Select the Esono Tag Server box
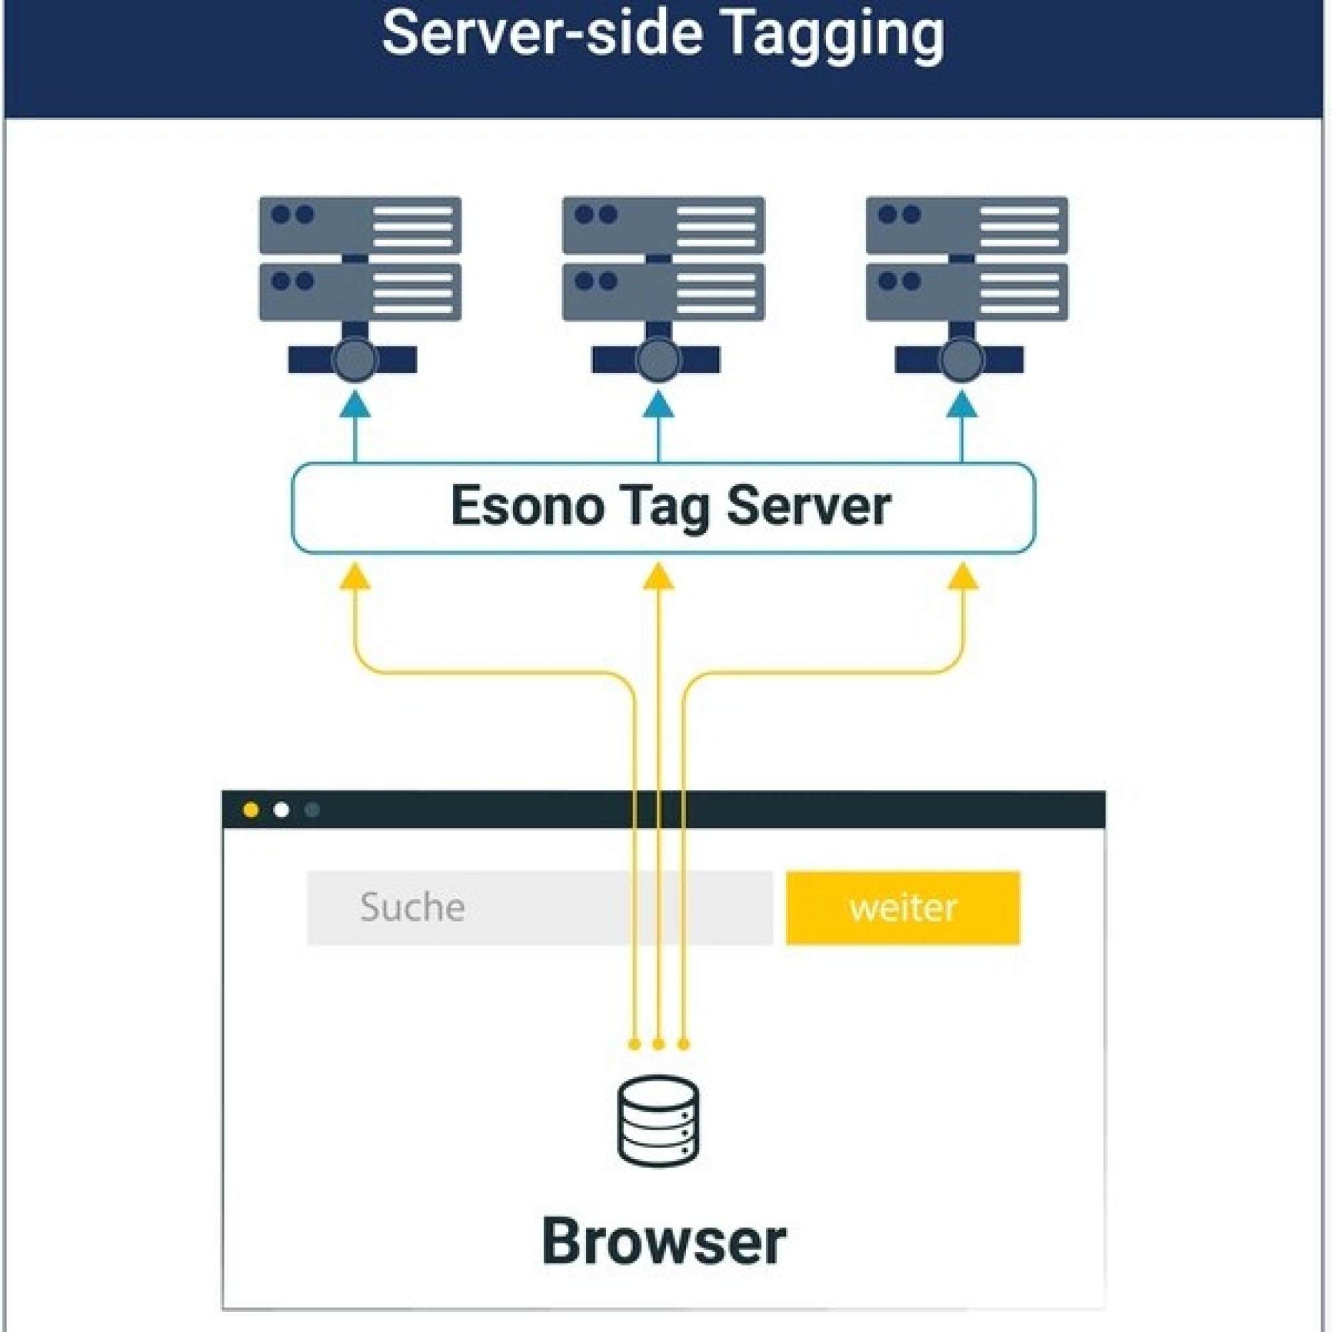pos(663,507)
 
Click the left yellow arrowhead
pos(356,576)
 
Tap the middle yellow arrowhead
pos(659,576)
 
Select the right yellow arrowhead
pos(962,576)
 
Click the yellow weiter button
pos(903,907)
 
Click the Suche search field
pos(539,907)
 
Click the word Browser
pos(664,1241)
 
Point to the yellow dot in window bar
pos(251,810)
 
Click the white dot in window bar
pos(281,810)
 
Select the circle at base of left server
pos(356,360)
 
